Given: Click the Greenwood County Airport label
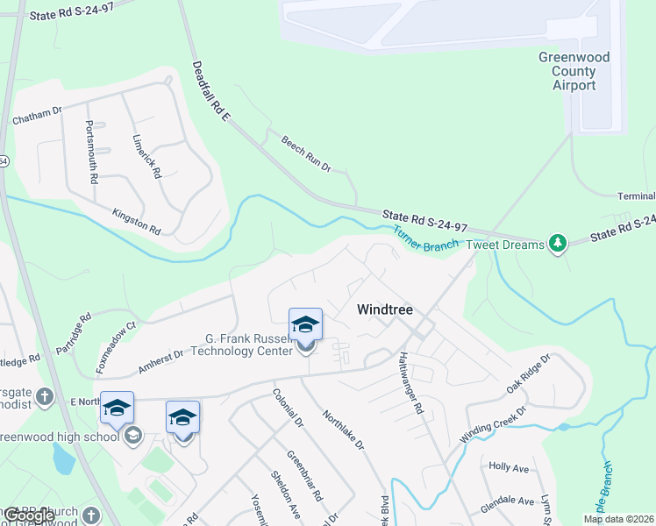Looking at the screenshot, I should click(574, 71).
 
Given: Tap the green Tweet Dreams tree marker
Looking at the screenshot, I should click(557, 242).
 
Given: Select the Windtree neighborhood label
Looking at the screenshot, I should click(385, 309).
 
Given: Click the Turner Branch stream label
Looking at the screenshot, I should click(425, 239).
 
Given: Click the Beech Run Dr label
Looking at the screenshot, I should click(305, 153).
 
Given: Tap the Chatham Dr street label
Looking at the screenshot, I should click(36, 115).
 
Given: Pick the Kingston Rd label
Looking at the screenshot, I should click(136, 221).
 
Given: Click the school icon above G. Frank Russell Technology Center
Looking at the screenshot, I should click(305, 325).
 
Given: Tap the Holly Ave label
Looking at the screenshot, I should click(510, 468).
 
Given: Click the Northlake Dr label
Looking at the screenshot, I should click(343, 428).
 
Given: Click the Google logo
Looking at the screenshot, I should click(29, 515).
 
